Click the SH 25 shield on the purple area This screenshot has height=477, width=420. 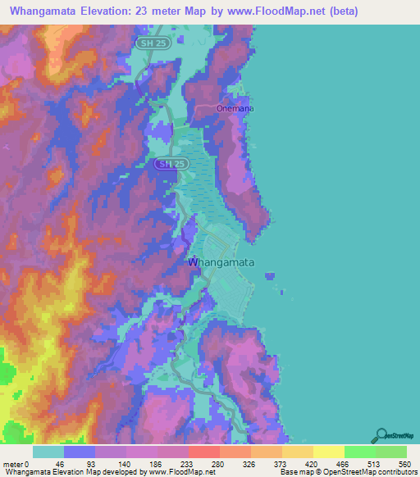pos(167,164)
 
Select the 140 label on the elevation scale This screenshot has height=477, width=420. pos(111,463)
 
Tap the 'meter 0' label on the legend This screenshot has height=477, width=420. pos(16,463)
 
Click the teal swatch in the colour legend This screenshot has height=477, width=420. pos(48,452)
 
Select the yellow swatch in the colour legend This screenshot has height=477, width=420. pos(328,452)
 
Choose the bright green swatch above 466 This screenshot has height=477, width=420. pos(359,452)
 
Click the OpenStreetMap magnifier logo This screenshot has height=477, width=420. pos(381,435)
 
